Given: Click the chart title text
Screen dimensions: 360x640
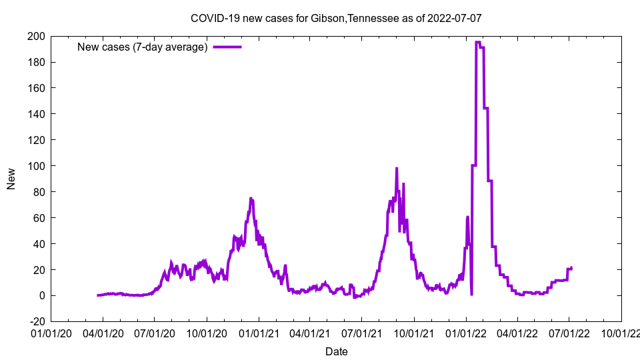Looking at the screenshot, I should (336, 18).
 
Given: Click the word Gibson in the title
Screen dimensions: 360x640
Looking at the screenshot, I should (326, 18).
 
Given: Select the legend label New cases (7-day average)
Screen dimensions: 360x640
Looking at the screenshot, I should (143, 47).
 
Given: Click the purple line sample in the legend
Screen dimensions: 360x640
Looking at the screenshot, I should (227, 47).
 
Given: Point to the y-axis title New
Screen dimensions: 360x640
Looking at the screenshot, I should (11, 179).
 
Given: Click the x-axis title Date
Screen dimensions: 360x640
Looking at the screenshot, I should (336, 351).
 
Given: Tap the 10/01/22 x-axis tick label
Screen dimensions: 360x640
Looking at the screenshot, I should (621, 333).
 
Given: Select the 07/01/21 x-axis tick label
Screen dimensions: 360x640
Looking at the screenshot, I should (362, 333).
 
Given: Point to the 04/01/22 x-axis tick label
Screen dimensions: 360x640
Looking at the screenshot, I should (517, 333).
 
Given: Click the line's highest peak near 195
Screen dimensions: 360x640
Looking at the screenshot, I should (478, 42).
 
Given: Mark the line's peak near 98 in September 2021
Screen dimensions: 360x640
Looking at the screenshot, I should (397, 168).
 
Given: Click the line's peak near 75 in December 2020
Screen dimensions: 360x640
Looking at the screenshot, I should (251, 198).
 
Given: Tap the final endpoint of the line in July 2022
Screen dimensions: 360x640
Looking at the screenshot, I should (571, 267).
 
